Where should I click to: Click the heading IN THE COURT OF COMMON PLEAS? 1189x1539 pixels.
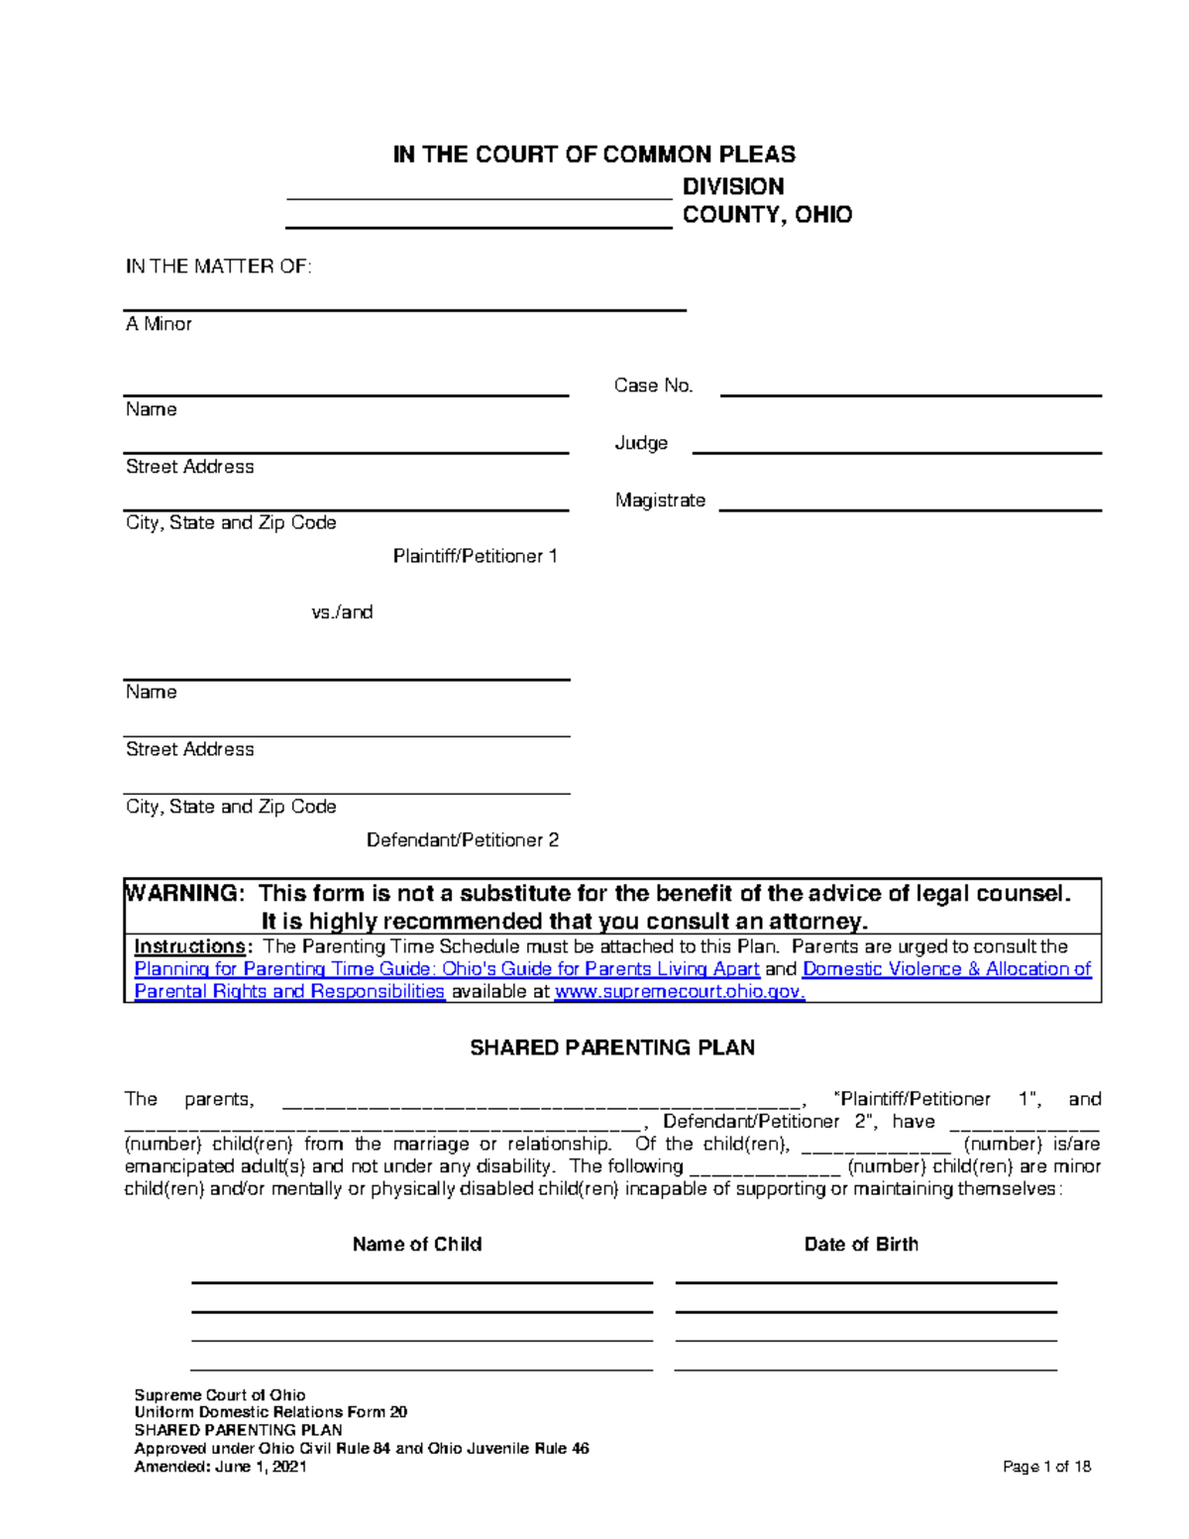pos(594,155)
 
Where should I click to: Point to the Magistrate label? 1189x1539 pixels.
pos(660,500)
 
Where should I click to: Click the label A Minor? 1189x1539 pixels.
pos(159,324)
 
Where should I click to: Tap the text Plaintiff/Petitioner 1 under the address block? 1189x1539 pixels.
pos(475,556)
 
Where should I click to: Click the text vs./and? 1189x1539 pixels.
pos(342,612)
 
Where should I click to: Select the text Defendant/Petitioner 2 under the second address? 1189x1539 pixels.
pos(463,840)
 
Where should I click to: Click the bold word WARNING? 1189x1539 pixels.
pos(184,894)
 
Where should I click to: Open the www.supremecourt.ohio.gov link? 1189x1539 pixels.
pos(679,992)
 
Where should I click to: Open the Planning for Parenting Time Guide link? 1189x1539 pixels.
pos(446,969)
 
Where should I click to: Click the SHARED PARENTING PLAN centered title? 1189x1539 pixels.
pos(611,1047)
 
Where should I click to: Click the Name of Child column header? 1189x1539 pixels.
pos(417,1245)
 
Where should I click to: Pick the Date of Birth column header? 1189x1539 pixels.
pos(861,1245)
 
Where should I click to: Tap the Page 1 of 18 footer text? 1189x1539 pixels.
pos(1046,1467)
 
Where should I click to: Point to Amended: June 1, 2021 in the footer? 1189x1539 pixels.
pos(220,1467)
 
